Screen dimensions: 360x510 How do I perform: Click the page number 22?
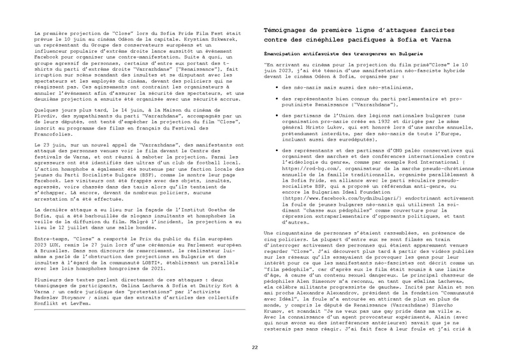[255, 328]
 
